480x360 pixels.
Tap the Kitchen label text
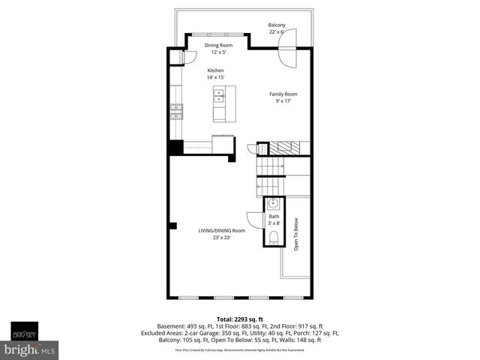pos(215,70)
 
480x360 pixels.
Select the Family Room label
pos(283,94)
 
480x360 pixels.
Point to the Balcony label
pos(277,25)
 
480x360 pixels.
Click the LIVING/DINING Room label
pos(221,230)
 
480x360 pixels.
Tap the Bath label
pos(274,216)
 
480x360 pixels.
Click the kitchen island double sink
pos(220,96)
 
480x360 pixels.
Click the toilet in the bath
pos(274,238)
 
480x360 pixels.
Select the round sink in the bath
pos(274,202)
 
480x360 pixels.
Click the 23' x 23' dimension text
pos(221,238)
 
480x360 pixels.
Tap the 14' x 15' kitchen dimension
pos(215,78)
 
